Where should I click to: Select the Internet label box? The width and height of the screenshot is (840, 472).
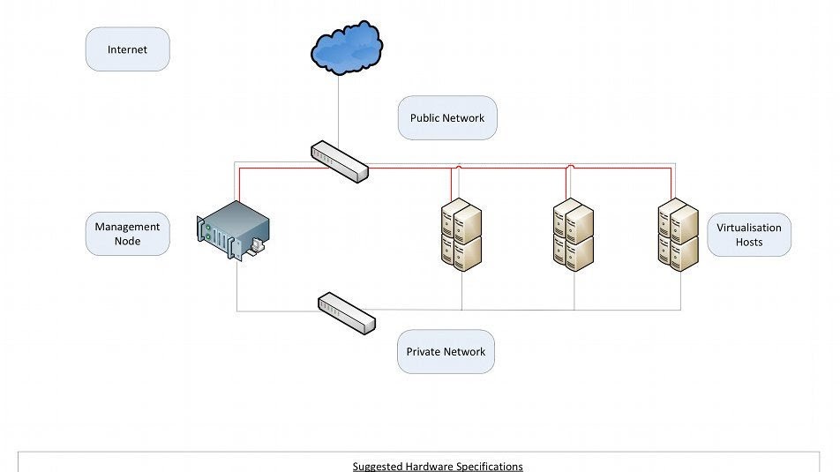tap(127, 49)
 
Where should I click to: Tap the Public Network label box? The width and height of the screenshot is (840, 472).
tap(447, 118)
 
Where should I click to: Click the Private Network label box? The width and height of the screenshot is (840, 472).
tap(446, 352)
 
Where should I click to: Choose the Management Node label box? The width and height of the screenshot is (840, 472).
tap(127, 234)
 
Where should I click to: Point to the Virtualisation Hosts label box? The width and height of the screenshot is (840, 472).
tap(749, 235)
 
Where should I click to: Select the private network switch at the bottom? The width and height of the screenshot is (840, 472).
tap(346, 311)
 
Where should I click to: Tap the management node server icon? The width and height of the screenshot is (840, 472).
tap(230, 231)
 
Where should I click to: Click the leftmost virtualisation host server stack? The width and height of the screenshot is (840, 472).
tap(461, 235)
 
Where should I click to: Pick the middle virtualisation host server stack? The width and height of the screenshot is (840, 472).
tap(574, 235)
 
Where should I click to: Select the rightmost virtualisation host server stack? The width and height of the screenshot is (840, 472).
tap(679, 235)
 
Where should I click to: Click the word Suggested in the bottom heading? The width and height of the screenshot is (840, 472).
tap(378, 466)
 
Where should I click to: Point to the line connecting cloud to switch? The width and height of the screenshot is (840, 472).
tap(339, 106)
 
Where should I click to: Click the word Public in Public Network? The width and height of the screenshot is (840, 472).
tap(425, 118)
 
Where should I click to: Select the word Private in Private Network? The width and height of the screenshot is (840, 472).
tap(424, 352)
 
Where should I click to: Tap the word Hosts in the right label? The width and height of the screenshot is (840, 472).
tap(749, 242)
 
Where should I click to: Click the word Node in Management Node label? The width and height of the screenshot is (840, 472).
tap(127, 241)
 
